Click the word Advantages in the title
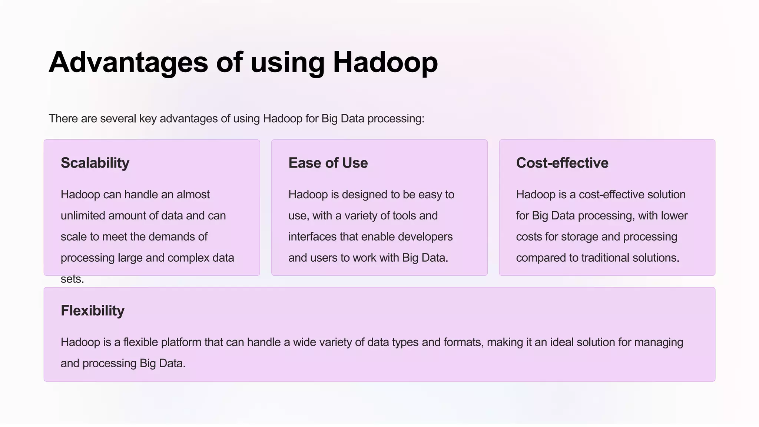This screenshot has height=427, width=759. pos(128,62)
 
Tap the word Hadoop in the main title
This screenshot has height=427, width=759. pos(385,62)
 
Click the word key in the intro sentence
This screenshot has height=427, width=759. pos(148,119)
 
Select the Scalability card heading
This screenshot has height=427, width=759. pos(95,163)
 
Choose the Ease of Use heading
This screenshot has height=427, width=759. pos(328,163)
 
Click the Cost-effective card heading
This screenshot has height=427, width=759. pos(562,163)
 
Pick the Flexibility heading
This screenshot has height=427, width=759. pos(93,311)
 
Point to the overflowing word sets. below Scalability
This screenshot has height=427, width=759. pos(72,279)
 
